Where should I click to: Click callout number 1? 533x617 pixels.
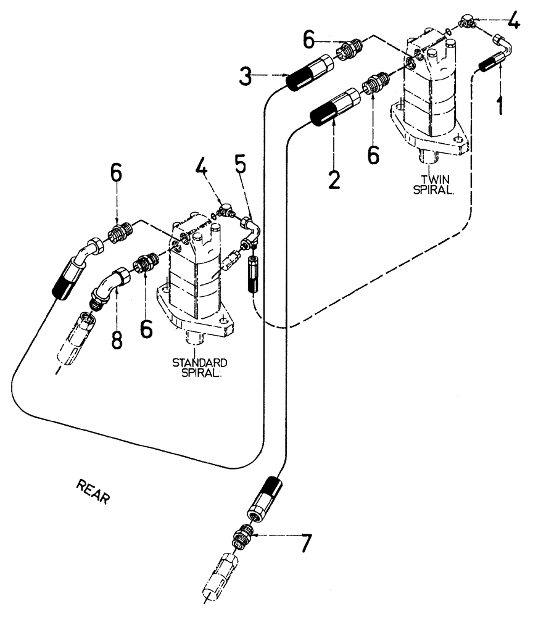pyautogui.click(x=499, y=101)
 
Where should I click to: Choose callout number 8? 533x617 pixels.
pyautogui.click(x=118, y=339)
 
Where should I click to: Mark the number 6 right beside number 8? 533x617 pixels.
pyautogui.click(x=147, y=328)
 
